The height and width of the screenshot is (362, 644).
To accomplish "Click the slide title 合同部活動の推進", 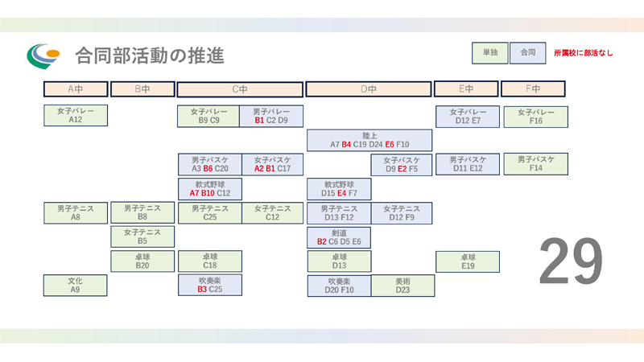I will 149,56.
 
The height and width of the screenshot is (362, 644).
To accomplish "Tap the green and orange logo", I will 43,55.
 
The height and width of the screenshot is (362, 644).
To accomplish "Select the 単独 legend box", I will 489,52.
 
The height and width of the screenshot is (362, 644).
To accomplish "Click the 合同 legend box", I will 527,52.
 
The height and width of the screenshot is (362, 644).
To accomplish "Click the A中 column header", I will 75,88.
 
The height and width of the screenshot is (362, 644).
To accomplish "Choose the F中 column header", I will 533,88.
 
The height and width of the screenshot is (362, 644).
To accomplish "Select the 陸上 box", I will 369,140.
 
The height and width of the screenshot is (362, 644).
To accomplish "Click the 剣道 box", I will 338,237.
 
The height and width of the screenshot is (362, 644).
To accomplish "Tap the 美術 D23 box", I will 402,286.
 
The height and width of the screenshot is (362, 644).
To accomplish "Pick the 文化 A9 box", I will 75,286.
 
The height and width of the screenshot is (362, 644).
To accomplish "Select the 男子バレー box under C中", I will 271,116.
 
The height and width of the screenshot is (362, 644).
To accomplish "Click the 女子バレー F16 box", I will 535,116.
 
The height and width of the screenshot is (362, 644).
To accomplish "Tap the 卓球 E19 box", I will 466,261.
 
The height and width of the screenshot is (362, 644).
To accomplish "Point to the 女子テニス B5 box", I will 142,237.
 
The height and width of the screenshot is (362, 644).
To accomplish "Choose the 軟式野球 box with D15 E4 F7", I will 338,189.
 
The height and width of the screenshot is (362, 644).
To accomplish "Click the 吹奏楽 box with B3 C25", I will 209,286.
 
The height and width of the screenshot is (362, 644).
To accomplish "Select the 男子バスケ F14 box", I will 535,164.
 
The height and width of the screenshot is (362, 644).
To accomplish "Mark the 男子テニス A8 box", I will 75,212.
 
